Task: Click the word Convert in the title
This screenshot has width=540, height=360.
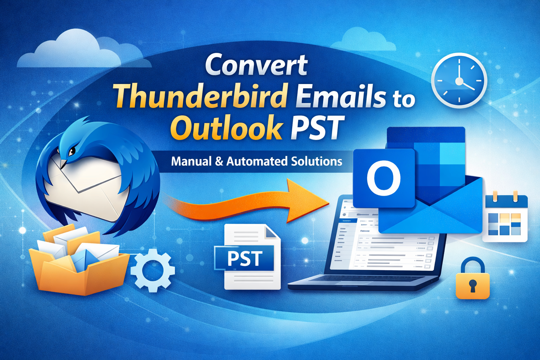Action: point(256,65)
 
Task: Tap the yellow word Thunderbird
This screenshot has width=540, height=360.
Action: point(201,96)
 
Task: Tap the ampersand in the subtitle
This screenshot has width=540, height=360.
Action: point(219,162)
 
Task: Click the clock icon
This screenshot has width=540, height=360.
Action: point(459,81)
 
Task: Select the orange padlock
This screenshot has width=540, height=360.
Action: point(472,279)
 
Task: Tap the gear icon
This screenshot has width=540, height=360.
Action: point(153,270)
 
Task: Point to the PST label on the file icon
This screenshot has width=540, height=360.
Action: point(245,258)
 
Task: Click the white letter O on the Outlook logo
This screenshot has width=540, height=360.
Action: point(383,178)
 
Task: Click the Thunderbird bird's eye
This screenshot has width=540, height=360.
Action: point(71,152)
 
